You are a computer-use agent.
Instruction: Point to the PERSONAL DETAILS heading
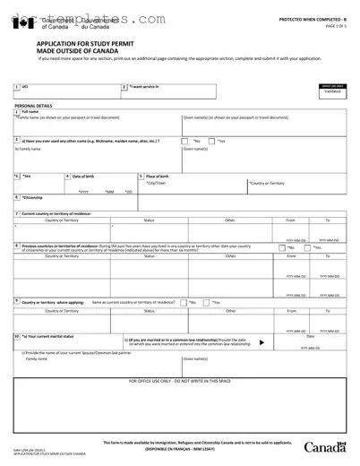33,106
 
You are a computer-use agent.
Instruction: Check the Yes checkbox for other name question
211,141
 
